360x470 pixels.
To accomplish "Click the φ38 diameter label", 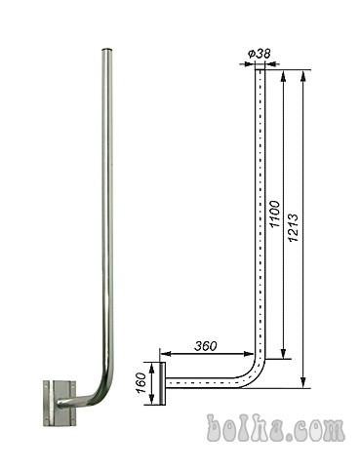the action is pyautogui.click(x=259, y=54).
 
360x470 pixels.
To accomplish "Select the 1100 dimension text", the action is pyautogui.click(x=275, y=215).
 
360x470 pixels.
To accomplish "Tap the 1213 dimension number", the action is pyautogui.click(x=294, y=227).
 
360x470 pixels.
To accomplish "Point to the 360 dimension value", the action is pyautogui.click(x=206, y=346).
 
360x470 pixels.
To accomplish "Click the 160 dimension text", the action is pyautogui.click(x=141, y=383).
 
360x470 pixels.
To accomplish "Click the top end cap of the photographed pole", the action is pyautogui.click(x=107, y=50).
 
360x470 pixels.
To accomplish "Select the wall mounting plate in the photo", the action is pyautogui.click(x=60, y=404).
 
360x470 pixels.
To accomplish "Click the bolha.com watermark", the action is pyautogui.click(x=275, y=427).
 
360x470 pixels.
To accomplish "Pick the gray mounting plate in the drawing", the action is pyautogui.click(x=163, y=383).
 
